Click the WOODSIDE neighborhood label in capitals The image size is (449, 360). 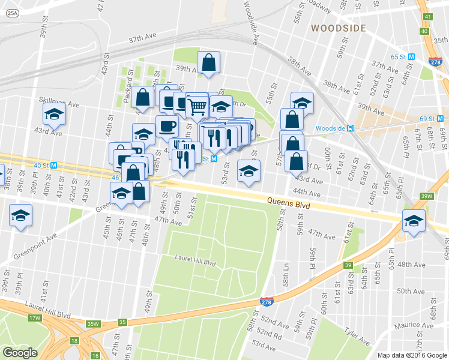(338, 28)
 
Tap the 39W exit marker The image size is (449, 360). (427, 196)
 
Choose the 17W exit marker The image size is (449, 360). (34, 317)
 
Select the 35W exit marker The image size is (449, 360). (92, 324)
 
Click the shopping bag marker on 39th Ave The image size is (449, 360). (208, 63)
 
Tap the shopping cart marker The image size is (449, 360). (197, 107)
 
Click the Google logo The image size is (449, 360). (20, 353)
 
